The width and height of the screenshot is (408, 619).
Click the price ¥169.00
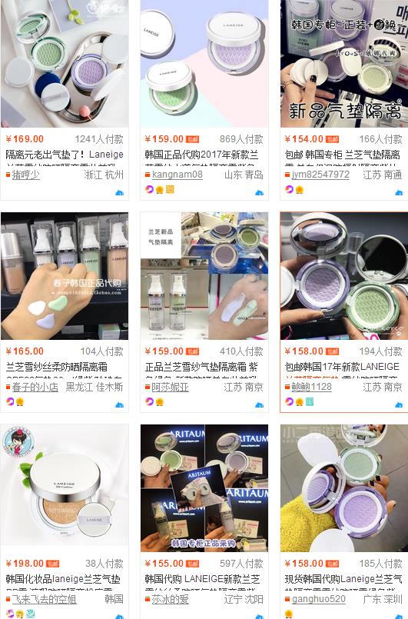pos(25,139)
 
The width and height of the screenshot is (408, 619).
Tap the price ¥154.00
pos(304,139)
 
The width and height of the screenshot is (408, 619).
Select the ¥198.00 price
pos(25,564)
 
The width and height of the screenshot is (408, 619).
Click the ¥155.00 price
pos(164,564)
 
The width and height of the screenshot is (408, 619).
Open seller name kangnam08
pos(177,175)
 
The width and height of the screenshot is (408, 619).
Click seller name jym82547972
pos(320,175)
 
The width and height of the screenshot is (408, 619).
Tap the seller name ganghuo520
pos(319,599)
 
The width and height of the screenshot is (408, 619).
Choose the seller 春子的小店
pos(35,387)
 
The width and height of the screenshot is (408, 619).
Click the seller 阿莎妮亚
pos(171,387)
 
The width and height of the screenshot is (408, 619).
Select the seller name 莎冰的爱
pos(171,599)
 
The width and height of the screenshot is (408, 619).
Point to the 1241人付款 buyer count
pos(99,139)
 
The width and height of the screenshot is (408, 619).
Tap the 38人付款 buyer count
pos(104,564)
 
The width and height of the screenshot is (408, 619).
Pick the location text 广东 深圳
pos(383,599)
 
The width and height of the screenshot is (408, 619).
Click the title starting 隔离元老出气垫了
pos(65,155)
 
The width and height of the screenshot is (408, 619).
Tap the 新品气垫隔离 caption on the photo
pos(343,109)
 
